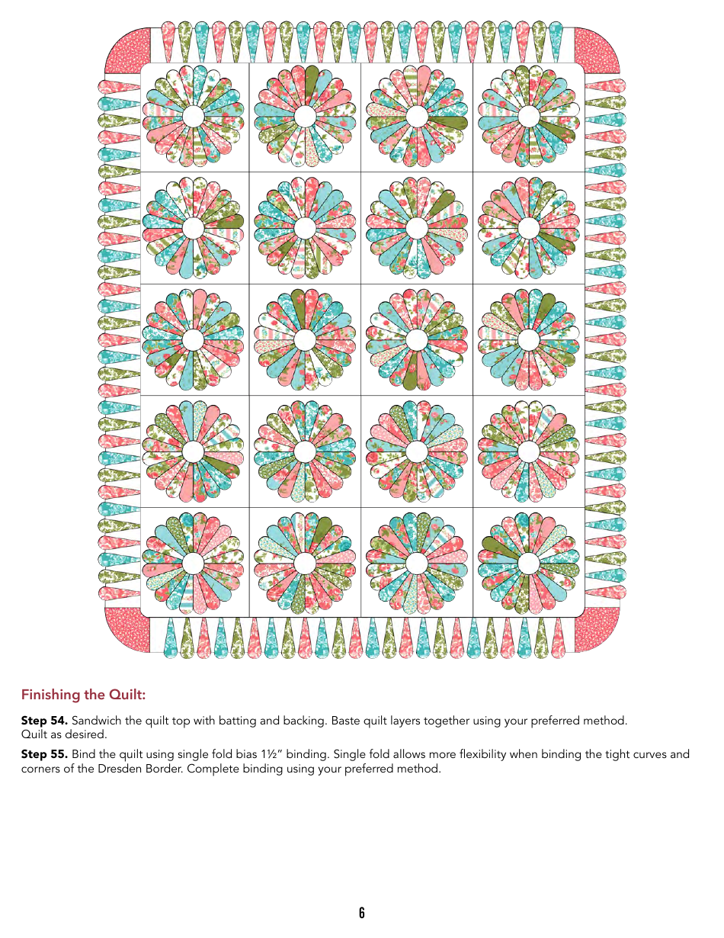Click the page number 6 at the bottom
coord(362,913)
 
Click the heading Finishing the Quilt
coord(83,695)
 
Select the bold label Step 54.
coord(44,721)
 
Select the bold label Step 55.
coord(44,754)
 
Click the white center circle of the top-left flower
coord(194,116)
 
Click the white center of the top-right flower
coord(529,116)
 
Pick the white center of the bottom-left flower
coord(194,564)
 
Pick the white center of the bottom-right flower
coord(529,564)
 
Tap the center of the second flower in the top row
coord(305,116)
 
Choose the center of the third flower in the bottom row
coord(417,564)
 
